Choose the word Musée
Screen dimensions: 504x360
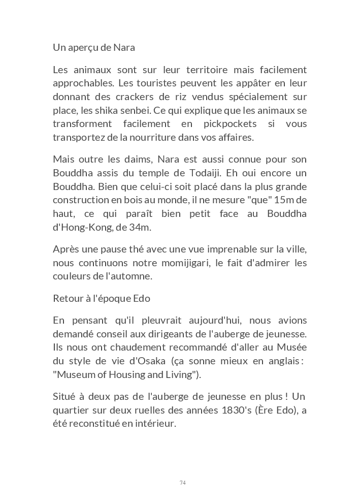(291, 348)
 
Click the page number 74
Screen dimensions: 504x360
(183, 483)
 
